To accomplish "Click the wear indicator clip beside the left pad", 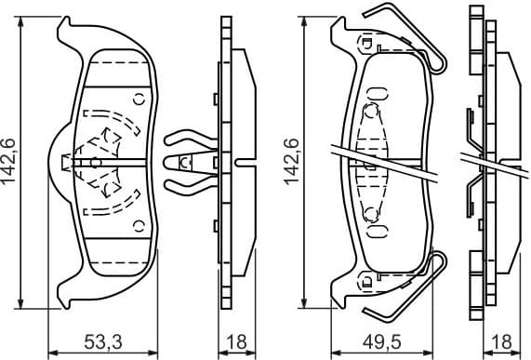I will (185, 160).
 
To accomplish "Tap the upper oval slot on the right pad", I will (378, 91).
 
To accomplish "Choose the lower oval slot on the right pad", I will (378, 229).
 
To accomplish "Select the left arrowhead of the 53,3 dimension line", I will (52, 352).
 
